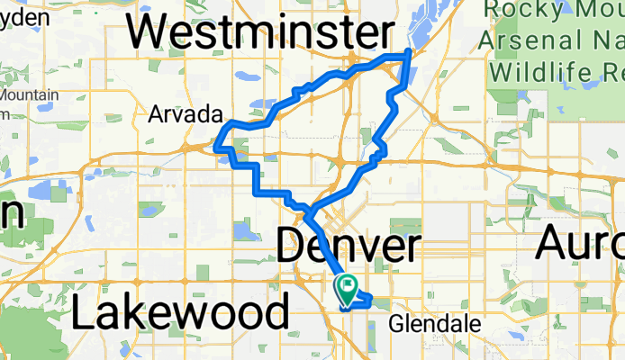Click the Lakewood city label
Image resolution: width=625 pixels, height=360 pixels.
[180, 314]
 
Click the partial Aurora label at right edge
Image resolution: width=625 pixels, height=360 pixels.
[580, 243]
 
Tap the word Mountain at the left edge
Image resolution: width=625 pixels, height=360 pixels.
[29, 94]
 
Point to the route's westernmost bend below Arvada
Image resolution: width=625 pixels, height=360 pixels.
[216, 141]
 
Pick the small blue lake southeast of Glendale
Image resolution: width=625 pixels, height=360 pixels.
[505, 346]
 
